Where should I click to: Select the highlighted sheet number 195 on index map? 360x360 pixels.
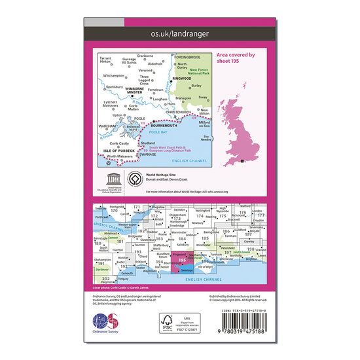coord(183,259)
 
